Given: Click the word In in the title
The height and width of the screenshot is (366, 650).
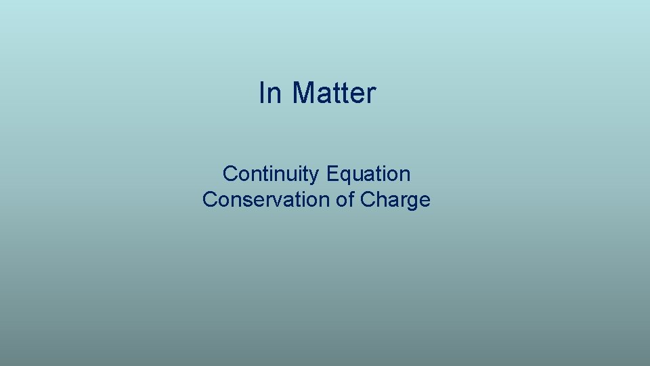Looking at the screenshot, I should tap(269, 93).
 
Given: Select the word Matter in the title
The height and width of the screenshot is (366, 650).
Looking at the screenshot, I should tap(333, 93).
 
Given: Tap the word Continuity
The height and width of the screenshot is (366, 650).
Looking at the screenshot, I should tap(271, 174).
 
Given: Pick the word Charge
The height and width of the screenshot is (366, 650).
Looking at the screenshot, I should tap(395, 200).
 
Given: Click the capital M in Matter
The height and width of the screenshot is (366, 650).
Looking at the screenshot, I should tap(304, 93).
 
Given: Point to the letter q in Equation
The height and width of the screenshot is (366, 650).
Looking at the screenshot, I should tap(344, 176).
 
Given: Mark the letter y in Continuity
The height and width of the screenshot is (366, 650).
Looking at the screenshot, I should tap(315, 176).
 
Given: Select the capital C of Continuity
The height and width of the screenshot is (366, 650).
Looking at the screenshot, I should tap(230, 174).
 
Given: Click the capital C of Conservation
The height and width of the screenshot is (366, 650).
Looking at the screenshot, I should tap(209, 200).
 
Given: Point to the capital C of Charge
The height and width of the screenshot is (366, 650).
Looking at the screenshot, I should tap(368, 200).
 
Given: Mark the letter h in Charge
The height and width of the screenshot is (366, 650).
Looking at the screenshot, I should tap(381, 200).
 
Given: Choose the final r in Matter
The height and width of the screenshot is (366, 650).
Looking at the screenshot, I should tap(371, 95).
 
